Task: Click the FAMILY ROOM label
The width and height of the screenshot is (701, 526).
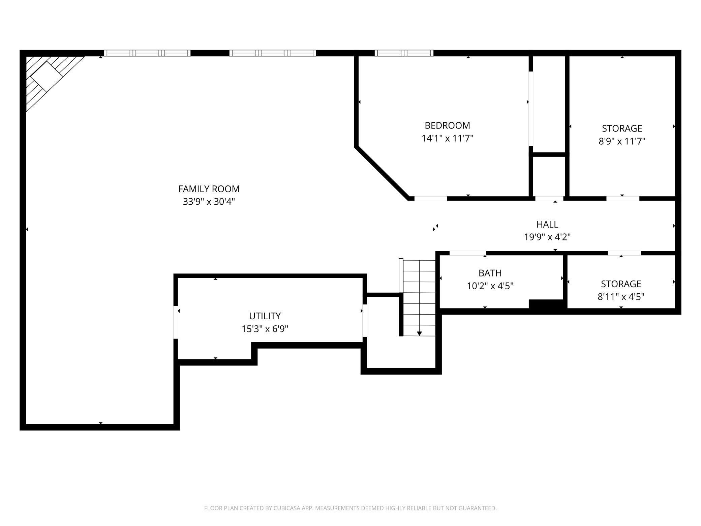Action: pyautogui.click(x=209, y=189)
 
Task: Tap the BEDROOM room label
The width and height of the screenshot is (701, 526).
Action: pyautogui.click(x=447, y=125)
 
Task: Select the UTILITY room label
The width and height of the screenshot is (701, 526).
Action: pyautogui.click(x=265, y=316)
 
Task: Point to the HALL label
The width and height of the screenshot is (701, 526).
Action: pyautogui.click(x=547, y=224)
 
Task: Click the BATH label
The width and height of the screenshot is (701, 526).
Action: pyautogui.click(x=490, y=273)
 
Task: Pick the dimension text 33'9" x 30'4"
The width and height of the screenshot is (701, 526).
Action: pyautogui.click(x=209, y=202)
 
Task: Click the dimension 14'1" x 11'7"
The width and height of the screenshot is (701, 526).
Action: pyautogui.click(x=448, y=138)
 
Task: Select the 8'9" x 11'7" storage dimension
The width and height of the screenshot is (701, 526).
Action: pyautogui.click(x=622, y=141)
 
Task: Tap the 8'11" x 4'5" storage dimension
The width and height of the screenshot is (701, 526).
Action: pyautogui.click(x=621, y=297)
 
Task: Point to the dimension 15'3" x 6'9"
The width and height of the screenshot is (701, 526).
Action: pyautogui.click(x=265, y=329)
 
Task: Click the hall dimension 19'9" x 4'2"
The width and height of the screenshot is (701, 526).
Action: pyautogui.click(x=547, y=237)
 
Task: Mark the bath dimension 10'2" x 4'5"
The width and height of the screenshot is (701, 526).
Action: pyautogui.click(x=490, y=286)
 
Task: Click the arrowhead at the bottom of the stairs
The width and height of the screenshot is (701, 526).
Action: pyautogui.click(x=419, y=333)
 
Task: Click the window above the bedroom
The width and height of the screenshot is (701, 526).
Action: pyautogui.click(x=404, y=53)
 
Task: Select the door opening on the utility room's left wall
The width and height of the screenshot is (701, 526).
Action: pyautogui.click(x=176, y=322)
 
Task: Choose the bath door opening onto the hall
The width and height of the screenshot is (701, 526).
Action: pyautogui.click(x=468, y=253)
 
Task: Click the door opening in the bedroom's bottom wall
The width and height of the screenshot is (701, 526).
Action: pyautogui.click(x=431, y=199)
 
